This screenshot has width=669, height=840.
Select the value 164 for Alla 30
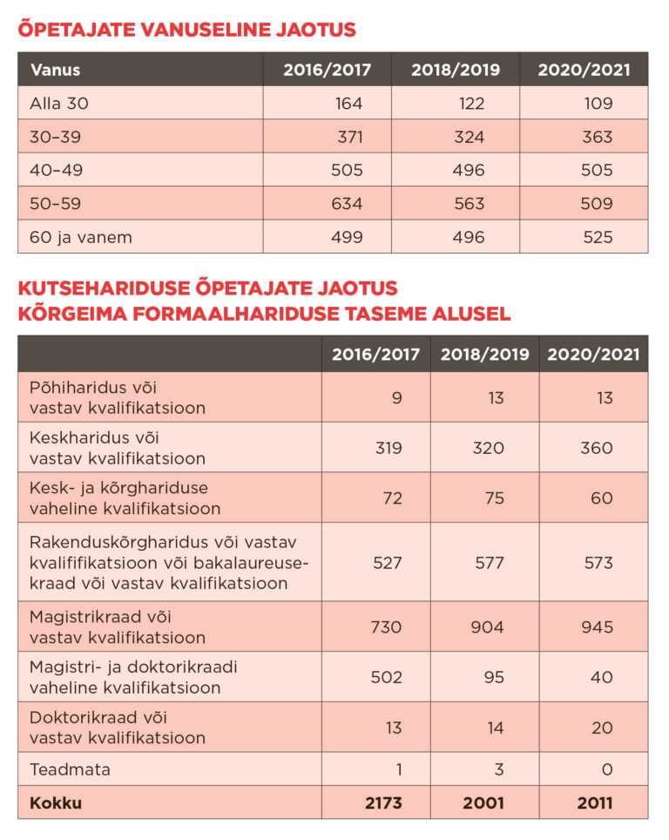[x=348, y=104]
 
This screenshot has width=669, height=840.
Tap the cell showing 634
[x=347, y=204]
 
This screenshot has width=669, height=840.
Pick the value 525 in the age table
[x=597, y=237]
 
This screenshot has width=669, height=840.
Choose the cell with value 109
[x=597, y=104]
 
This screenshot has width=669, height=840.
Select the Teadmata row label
[x=70, y=769]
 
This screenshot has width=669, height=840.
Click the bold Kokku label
[x=56, y=803]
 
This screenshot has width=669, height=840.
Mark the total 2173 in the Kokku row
[x=382, y=803]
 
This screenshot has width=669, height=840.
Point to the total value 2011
[x=595, y=803]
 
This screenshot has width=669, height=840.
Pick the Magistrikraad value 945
[x=597, y=627]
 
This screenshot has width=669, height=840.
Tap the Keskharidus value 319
[x=388, y=448]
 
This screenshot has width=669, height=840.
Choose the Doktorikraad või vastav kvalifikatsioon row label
[x=118, y=728]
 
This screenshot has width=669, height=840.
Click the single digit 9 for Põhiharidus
[x=397, y=398]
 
